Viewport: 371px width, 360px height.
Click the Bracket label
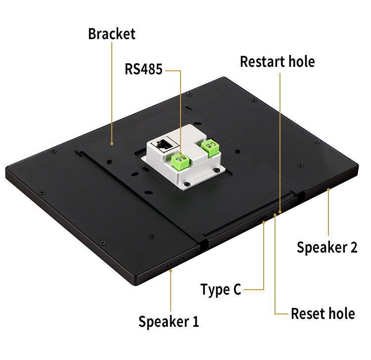(111, 34)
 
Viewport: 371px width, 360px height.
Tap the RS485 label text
(143, 69)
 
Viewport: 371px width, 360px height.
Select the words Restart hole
(277, 61)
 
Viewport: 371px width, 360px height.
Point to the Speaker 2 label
(326, 247)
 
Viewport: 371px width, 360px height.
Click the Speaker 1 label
(169, 321)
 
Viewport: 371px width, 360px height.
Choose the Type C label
(221, 290)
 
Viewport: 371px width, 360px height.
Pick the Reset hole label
(323, 313)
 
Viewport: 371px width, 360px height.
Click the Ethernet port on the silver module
(163, 145)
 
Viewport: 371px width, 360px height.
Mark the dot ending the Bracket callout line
(112, 144)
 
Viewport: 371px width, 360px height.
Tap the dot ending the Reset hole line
(275, 215)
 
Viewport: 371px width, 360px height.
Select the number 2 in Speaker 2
(353, 247)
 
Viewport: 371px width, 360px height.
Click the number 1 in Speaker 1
(195, 321)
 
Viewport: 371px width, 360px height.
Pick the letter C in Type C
(236, 290)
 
